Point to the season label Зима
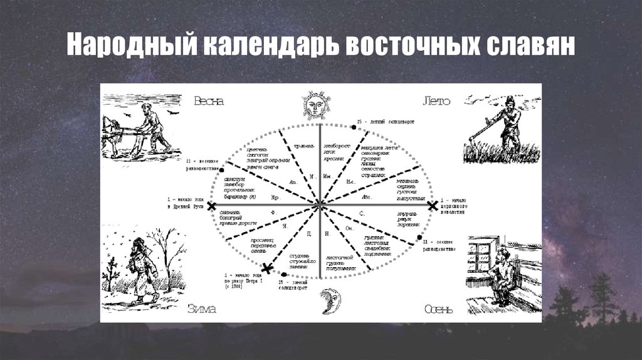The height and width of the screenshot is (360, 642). tap(202, 308)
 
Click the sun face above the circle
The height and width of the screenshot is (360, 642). tap(316, 104)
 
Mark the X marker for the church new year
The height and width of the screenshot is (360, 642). tap(431, 205)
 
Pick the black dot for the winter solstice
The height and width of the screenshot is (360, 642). tap(285, 274)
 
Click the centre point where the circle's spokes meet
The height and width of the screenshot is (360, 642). tap(320, 204)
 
